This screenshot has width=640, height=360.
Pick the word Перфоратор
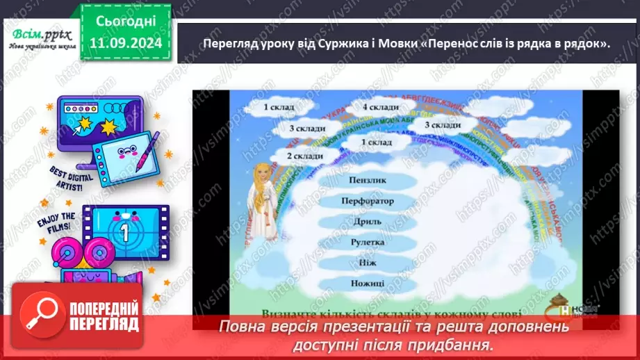point(368,201)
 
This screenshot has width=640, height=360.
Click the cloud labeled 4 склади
point(380,107)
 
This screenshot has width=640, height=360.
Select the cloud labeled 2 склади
point(305,156)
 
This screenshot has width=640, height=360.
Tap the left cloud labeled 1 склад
point(279,107)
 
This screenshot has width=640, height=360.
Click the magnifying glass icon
point(40,315)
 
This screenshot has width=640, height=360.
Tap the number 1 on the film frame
point(125,231)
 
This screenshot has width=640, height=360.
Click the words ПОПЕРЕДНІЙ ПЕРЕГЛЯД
point(104,316)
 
